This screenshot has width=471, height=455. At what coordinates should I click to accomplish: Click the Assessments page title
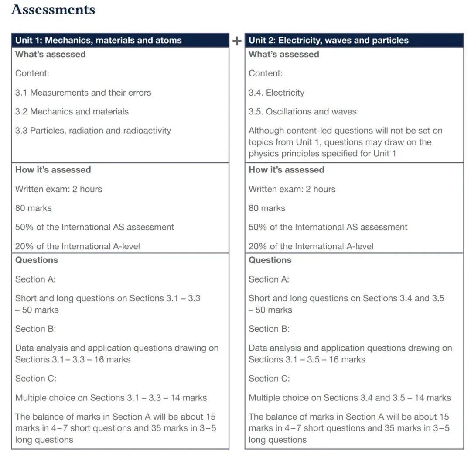[53, 10]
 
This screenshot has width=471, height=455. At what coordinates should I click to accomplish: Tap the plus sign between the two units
[237, 41]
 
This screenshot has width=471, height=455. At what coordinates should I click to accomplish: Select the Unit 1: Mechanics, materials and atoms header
[99, 41]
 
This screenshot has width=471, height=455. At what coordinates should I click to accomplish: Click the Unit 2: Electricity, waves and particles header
[328, 41]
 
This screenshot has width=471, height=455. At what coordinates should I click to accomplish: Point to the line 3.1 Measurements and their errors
[83, 93]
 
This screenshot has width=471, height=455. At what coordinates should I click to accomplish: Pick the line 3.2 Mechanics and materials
[72, 111]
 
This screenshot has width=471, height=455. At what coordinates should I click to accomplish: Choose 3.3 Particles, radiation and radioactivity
[93, 130]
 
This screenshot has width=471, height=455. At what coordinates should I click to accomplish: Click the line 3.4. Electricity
[276, 93]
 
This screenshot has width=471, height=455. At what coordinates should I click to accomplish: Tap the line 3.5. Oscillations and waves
[303, 111]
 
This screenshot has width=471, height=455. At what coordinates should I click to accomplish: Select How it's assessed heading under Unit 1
[53, 170]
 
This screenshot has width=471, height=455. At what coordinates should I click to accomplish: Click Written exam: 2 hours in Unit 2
[292, 189]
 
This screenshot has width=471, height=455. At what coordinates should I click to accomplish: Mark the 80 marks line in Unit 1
[34, 208]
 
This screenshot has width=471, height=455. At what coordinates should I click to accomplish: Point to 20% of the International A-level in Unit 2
[311, 246]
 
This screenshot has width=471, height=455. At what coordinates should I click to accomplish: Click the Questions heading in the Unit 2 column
[270, 260]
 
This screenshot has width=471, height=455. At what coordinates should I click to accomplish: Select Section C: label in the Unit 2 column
[269, 379]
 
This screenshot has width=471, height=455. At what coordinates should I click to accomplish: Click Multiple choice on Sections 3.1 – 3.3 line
[111, 398]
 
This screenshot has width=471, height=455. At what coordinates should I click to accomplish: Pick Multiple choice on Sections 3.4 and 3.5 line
[350, 398]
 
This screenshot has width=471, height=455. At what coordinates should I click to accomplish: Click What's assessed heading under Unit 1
[51, 55]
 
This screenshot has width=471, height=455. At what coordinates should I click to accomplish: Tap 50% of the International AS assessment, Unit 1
[95, 227]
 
